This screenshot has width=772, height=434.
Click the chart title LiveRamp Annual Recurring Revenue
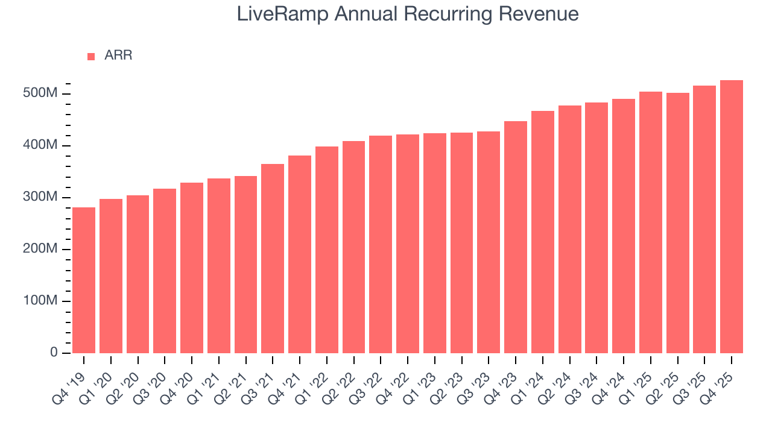click(x=408, y=14)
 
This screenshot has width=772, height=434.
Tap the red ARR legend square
click(x=91, y=56)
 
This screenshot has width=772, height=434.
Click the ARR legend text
click(x=118, y=55)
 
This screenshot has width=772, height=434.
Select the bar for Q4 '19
click(x=84, y=280)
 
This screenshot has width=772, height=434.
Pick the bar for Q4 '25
click(x=732, y=216)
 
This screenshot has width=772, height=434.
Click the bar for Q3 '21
click(x=273, y=259)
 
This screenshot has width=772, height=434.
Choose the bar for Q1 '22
click(x=327, y=250)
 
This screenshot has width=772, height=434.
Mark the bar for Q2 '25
click(x=678, y=223)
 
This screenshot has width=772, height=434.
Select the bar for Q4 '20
click(x=192, y=268)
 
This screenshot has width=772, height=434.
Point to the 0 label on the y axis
click(x=54, y=353)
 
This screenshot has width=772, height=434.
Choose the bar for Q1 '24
click(x=543, y=232)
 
